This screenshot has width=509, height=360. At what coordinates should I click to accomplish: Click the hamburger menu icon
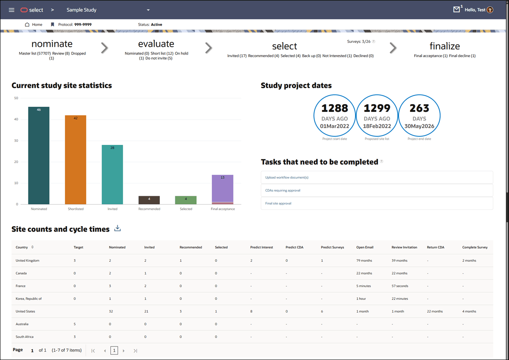click(x=11, y=10)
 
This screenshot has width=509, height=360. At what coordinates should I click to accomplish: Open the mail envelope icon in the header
click(x=456, y=10)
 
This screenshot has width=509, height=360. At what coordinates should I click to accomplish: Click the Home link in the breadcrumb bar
click(x=34, y=25)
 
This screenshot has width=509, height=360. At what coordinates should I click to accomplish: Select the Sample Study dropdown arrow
click(x=148, y=10)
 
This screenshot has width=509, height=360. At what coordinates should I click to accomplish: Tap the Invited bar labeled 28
click(x=112, y=174)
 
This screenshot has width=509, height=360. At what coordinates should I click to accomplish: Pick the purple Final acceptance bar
click(x=223, y=188)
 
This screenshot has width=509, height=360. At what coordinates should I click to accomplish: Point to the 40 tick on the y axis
click(x=16, y=119)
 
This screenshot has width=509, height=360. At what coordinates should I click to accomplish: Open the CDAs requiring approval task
click(x=283, y=191)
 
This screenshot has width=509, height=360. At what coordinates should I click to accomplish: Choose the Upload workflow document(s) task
click(x=287, y=177)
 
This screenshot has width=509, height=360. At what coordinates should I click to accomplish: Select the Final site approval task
click(x=278, y=203)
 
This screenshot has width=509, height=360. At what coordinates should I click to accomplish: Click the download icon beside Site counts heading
click(x=118, y=229)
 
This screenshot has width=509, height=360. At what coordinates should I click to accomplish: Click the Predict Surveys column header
click(x=332, y=247)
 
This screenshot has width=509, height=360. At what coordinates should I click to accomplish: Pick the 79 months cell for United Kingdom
click(x=364, y=260)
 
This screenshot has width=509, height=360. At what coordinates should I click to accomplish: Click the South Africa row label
click(x=25, y=337)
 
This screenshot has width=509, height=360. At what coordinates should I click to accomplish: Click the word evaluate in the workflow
click(x=156, y=44)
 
